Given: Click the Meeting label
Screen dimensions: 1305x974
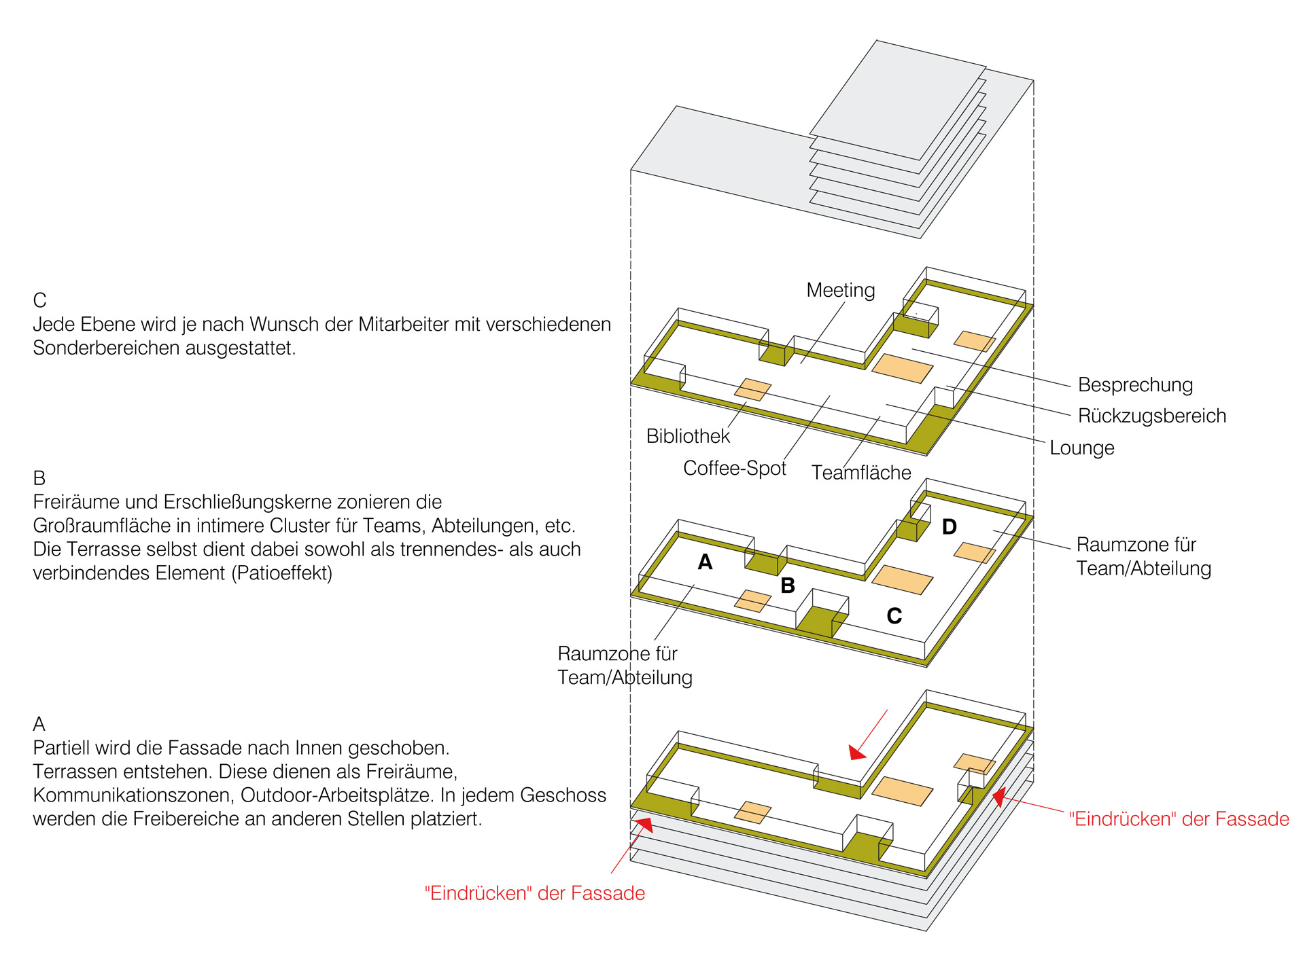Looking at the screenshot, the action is (841, 291).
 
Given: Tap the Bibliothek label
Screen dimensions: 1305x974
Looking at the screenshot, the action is (688, 436).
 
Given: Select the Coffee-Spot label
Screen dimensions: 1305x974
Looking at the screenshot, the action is (735, 468).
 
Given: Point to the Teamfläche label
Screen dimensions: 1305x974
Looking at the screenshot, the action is (861, 473).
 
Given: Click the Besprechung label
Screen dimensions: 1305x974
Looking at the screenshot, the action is (1135, 385).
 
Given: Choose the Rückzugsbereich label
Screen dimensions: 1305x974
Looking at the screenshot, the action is (1152, 416).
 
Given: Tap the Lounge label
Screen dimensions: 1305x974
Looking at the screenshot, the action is (1082, 448).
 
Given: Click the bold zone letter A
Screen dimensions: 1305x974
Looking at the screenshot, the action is (706, 562).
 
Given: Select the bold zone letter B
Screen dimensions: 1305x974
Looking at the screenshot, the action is (788, 585).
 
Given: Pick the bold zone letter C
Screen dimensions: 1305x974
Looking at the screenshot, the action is (894, 616).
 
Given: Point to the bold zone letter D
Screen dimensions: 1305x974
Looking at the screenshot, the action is (950, 526).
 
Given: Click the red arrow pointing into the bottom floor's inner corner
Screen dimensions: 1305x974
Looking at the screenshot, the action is (869, 734).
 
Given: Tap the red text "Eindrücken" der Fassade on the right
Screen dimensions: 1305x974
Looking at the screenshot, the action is (1179, 819).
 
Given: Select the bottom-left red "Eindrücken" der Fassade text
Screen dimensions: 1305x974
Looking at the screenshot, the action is (534, 893).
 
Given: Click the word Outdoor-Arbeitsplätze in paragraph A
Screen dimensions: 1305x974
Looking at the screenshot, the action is (337, 795).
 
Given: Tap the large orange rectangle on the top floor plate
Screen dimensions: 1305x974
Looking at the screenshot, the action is (903, 368).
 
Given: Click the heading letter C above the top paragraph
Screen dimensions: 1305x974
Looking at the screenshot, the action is (39, 300).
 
